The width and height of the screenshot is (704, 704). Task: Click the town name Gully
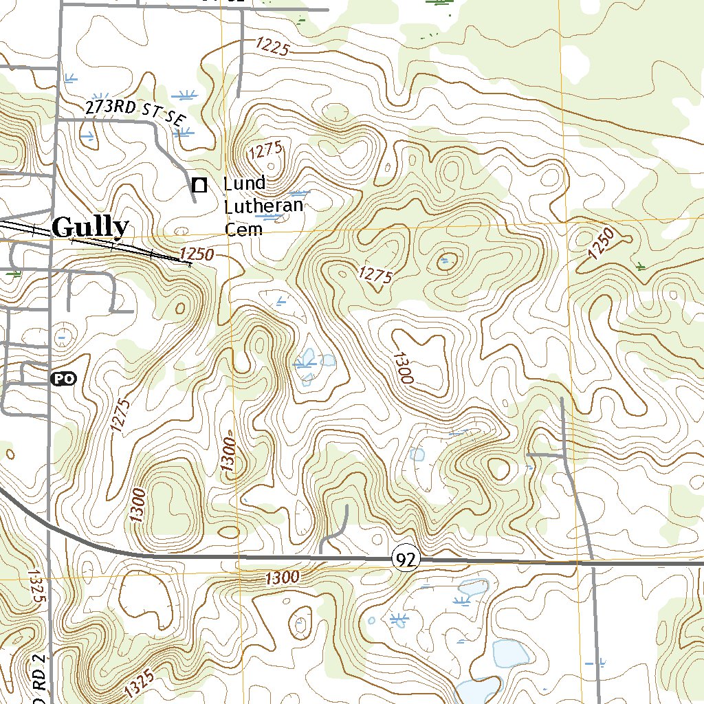pos(90,227)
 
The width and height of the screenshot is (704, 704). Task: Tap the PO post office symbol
pos(64,378)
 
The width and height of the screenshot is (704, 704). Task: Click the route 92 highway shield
pos(406,560)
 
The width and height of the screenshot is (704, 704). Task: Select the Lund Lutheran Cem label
pos(263,206)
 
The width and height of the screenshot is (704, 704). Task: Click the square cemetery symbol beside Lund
pos(199,184)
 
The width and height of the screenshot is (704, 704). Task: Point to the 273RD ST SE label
pos(136,113)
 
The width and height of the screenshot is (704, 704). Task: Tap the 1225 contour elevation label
pos(274,47)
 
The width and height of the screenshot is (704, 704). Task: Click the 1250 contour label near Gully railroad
pos(196,254)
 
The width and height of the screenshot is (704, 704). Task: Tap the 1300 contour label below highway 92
pos(282,577)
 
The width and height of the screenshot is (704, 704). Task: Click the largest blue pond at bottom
pos(510,654)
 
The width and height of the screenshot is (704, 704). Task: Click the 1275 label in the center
pos(375,275)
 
